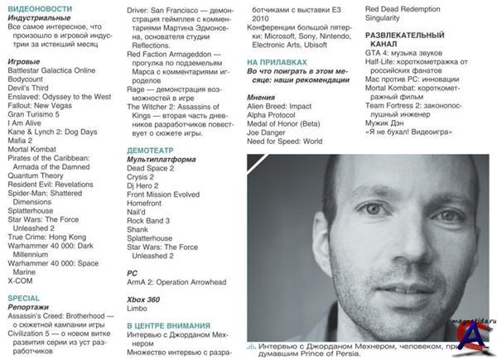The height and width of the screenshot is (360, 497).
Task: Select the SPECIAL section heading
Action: [x=24, y=298]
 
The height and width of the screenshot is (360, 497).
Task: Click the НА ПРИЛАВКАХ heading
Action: [x=277, y=63]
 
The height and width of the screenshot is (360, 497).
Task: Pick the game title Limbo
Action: [x=138, y=307]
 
